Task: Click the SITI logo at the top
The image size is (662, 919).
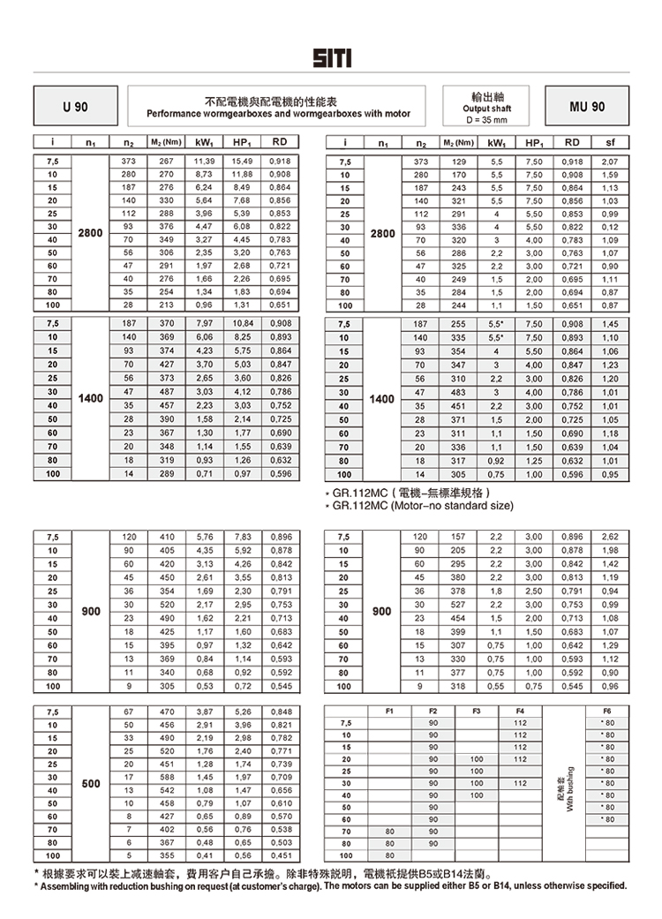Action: click(331, 57)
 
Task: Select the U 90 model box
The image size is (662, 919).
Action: click(75, 107)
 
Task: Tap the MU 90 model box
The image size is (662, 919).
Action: click(586, 107)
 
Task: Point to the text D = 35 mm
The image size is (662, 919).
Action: click(486, 119)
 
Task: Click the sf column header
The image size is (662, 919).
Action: click(611, 142)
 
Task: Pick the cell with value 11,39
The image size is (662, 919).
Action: click(204, 162)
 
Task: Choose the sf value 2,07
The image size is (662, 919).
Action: click(610, 162)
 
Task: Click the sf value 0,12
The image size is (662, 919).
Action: click(610, 227)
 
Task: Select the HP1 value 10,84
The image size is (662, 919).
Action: click(243, 324)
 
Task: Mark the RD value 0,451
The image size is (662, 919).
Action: click(280, 855)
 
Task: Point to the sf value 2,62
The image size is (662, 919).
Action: click(610, 537)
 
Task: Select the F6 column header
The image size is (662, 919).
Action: click(606, 711)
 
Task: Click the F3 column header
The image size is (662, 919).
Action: click(477, 711)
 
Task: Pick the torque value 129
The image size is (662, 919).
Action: click(458, 162)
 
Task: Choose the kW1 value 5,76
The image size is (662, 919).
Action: click(204, 537)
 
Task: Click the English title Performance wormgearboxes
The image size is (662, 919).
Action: click(278, 114)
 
